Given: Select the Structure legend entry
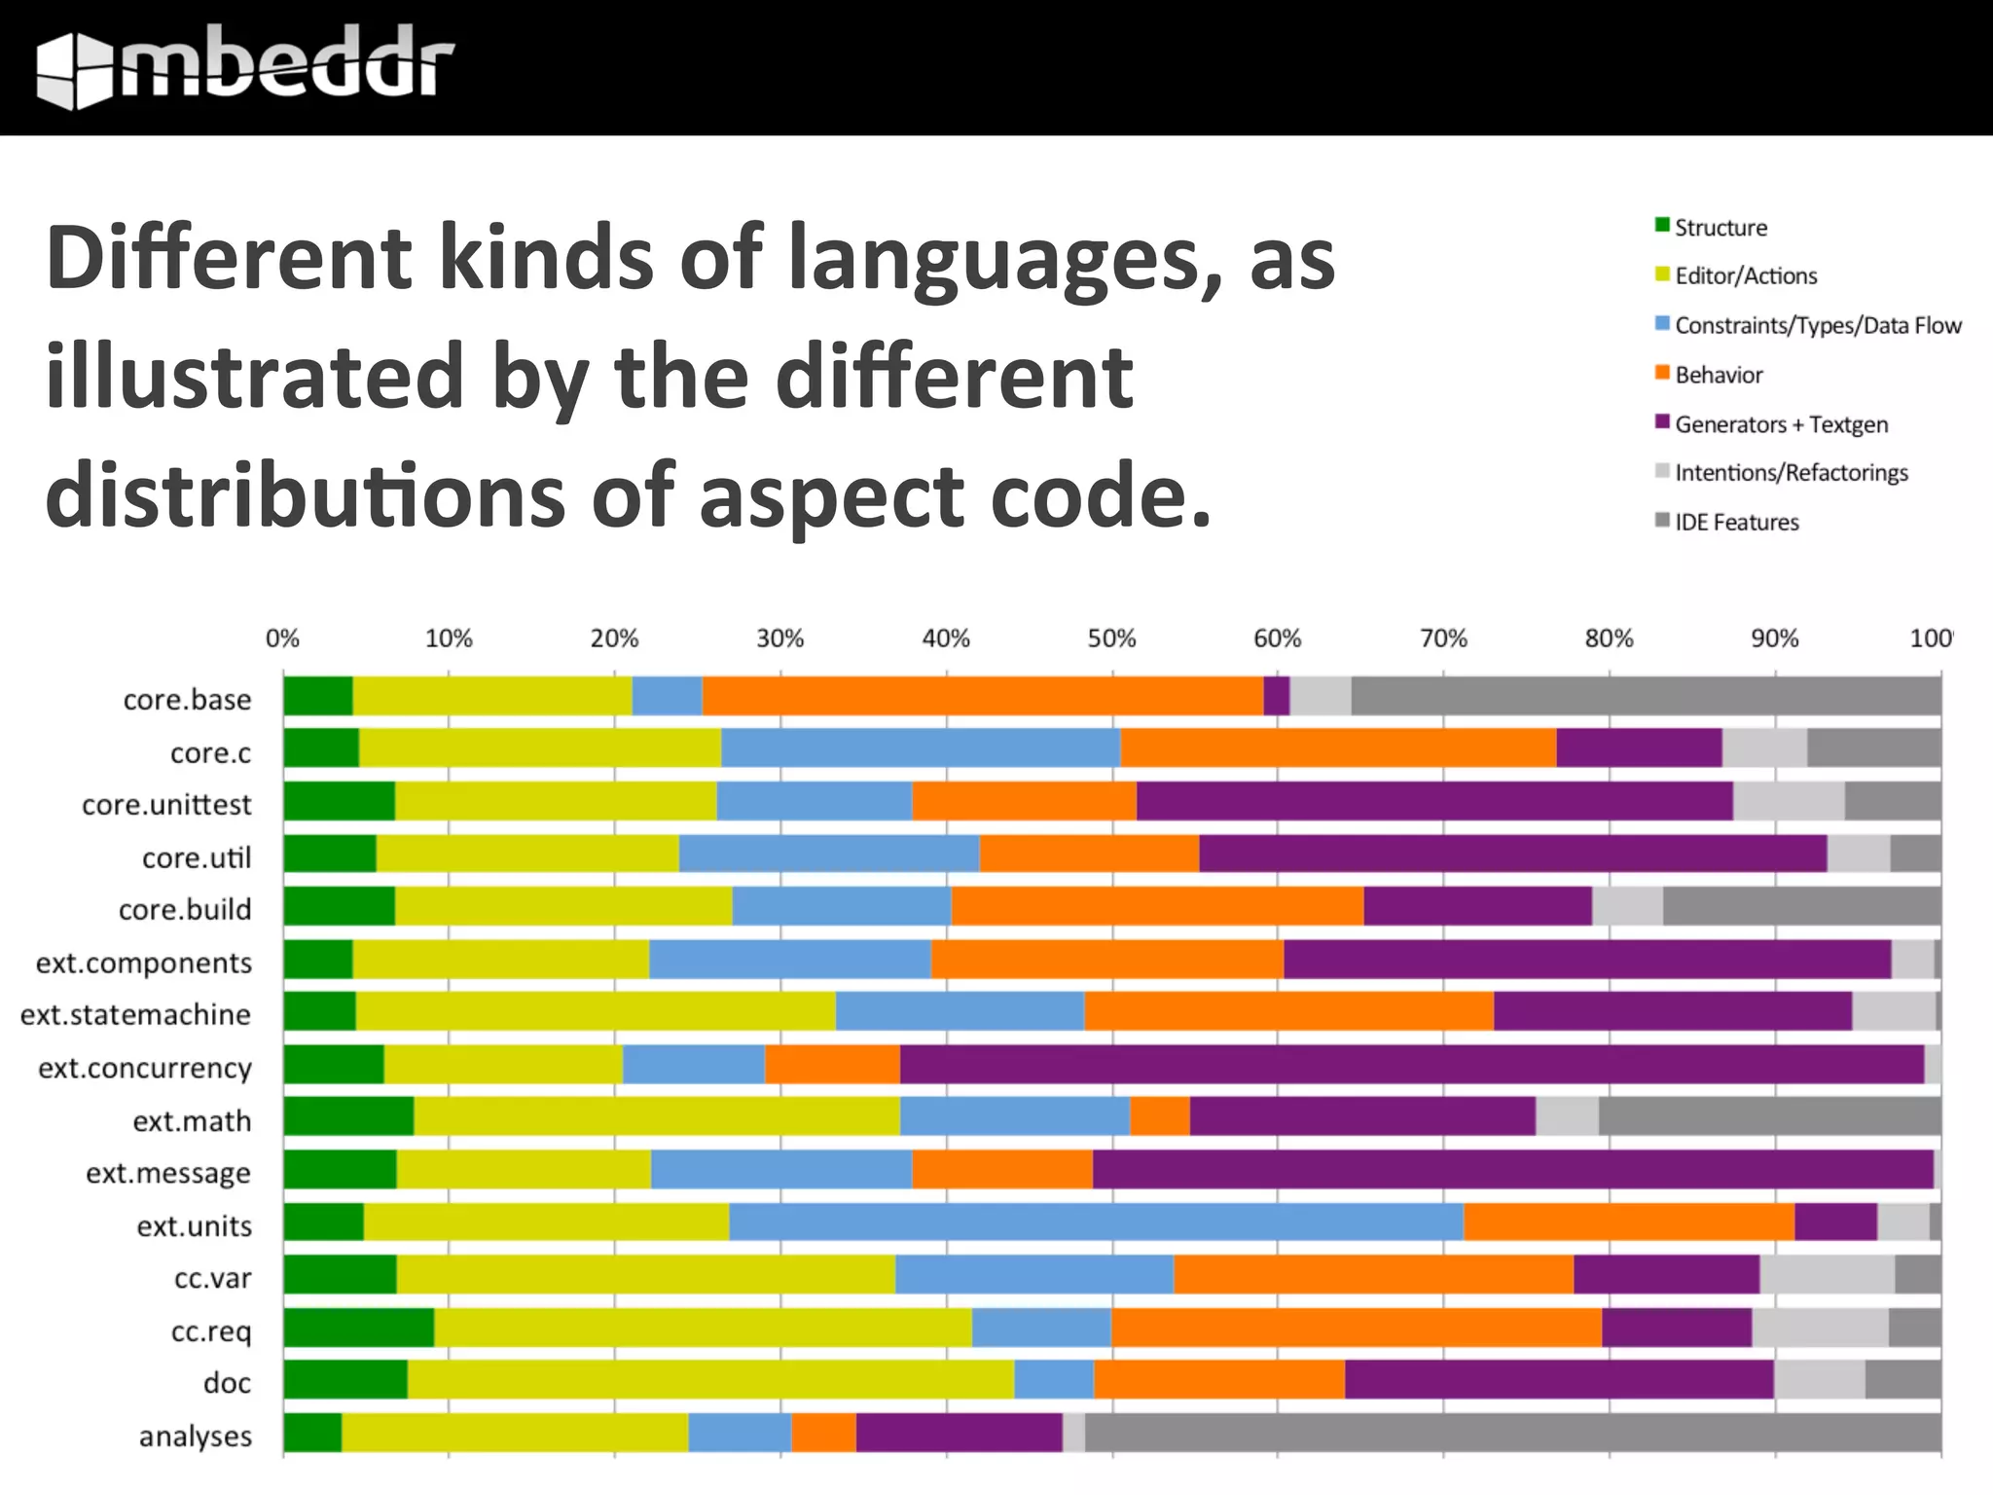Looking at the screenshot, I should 1720,228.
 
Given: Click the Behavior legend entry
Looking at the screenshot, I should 1718,375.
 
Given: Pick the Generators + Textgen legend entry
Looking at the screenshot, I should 1780,424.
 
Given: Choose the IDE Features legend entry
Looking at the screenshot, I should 1736,522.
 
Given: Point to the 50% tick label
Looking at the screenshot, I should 1111,638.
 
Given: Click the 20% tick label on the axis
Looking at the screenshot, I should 614,638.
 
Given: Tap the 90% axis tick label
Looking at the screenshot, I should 1774,638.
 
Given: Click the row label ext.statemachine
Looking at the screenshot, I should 135,1014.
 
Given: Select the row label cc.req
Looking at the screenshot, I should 211,1331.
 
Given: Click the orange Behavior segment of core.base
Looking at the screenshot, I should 983,696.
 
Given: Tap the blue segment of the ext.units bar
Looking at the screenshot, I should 1095,1222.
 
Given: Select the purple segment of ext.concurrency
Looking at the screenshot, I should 1411,1064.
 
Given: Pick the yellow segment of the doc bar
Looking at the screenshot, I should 710,1379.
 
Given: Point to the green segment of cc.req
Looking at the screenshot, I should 358,1328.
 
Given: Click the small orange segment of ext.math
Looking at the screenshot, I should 1159,1116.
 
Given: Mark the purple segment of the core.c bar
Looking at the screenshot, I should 1639,747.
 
